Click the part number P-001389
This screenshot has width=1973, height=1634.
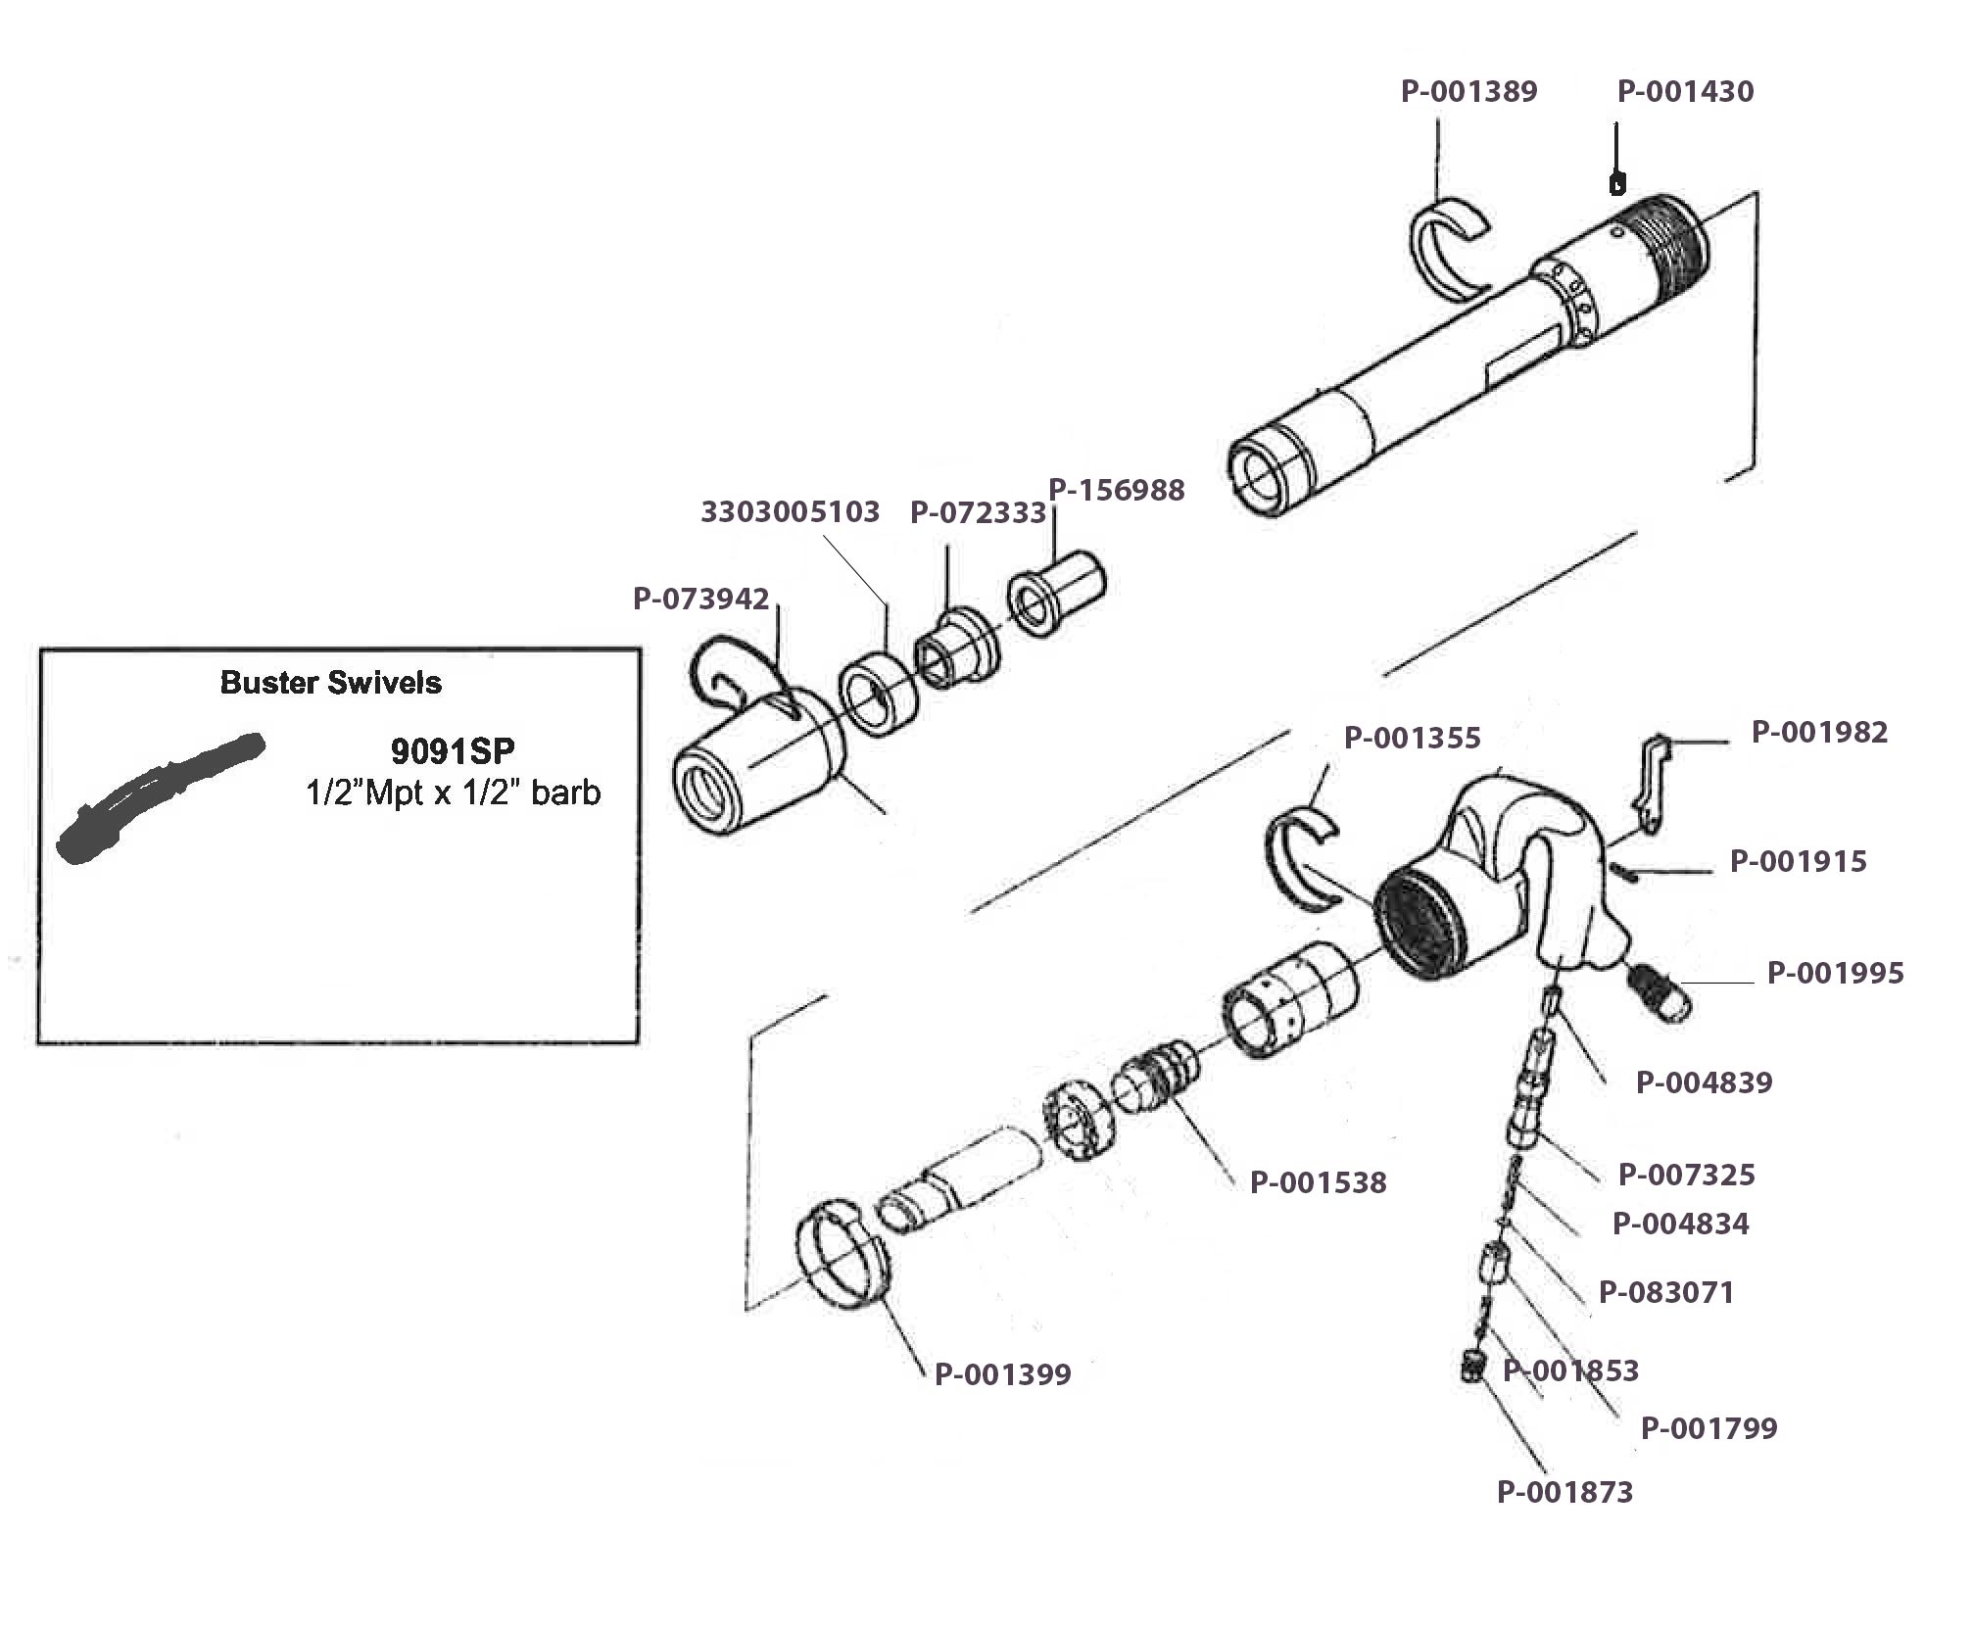pyautogui.click(x=1468, y=91)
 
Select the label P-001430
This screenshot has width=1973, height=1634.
pyautogui.click(x=1685, y=91)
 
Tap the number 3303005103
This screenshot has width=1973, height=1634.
pyautogui.click(x=790, y=511)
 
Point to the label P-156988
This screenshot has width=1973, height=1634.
pyautogui.click(x=1117, y=490)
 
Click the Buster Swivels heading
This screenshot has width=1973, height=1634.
pyautogui.click(x=330, y=683)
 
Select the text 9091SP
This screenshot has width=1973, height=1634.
pyautogui.click(x=453, y=750)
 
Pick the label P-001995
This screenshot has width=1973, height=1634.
pyautogui.click(x=1835, y=973)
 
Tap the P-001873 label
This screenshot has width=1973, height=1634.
pyautogui.click(x=1564, y=1492)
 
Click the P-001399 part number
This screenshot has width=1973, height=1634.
pyautogui.click(x=1002, y=1374)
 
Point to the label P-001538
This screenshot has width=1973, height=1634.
pyautogui.click(x=1318, y=1182)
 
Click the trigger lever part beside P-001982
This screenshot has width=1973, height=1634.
pyautogui.click(x=1652, y=785)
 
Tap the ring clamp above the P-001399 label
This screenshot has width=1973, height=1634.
pyautogui.click(x=842, y=1256)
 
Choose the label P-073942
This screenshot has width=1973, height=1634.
pyautogui.click(x=700, y=599)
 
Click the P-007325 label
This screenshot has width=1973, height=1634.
pyautogui.click(x=1686, y=1174)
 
